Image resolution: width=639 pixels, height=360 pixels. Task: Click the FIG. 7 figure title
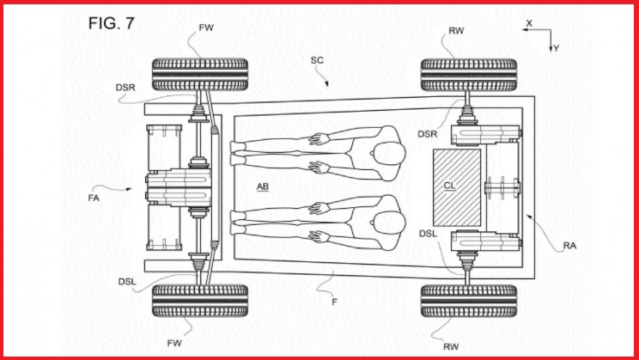tap(111, 23)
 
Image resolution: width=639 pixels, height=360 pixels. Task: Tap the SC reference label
tap(317, 60)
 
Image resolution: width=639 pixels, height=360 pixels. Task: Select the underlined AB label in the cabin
tap(263, 186)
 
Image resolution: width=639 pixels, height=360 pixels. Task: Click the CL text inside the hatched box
tap(449, 186)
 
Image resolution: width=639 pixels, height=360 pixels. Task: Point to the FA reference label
tap(94, 198)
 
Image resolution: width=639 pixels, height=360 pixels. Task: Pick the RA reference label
tap(569, 246)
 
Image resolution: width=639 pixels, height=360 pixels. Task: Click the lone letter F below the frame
tap(335, 302)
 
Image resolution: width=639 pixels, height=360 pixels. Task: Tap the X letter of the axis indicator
tap(529, 24)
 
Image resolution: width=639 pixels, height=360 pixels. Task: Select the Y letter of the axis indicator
tap(557, 48)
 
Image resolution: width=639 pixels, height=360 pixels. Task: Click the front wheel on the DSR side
tap(199, 75)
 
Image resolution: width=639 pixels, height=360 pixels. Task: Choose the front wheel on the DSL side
tap(199, 301)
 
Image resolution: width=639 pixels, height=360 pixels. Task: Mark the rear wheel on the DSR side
tap(469, 75)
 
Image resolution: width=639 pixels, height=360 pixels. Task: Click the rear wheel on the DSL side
tap(469, 301)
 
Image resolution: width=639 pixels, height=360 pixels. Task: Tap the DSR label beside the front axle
tap(125, 88)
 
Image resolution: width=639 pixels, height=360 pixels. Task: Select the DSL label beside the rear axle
tap(428, 234)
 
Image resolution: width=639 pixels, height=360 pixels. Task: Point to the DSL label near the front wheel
tap(127, 282)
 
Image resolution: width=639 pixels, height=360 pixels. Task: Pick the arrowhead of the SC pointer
tap(326, 84)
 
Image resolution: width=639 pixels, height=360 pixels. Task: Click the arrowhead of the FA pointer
tap(129, 189)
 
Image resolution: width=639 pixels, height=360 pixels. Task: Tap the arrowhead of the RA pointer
tap(528, 217)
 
